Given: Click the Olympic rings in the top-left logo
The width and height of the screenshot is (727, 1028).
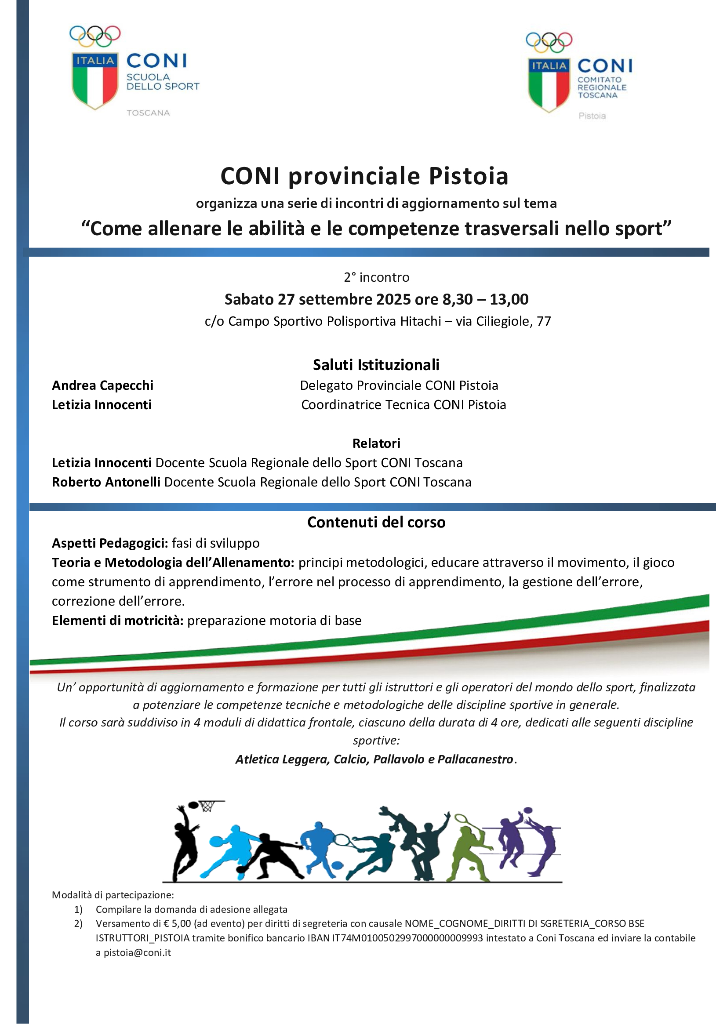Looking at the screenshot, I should [x=95, y=36].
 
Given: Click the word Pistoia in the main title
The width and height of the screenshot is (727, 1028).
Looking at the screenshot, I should [x=468, y=176].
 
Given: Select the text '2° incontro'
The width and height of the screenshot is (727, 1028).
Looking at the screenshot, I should [x=377, y=277].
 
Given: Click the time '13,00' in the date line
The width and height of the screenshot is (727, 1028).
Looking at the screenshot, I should [x=509, y=299].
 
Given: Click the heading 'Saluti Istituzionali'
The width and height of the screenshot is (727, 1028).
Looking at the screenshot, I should [x=376, y=364].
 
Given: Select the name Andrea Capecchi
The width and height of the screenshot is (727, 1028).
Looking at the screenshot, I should [x=102, y=385].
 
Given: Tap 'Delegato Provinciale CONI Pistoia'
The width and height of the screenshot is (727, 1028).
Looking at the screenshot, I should [x=399, y=385].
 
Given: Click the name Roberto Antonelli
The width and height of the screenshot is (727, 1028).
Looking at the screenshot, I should [x=106, y=482].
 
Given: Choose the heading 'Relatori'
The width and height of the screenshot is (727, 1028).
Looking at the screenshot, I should [x=376, y=443].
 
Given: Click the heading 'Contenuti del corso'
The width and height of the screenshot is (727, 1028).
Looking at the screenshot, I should [x=376, y=522].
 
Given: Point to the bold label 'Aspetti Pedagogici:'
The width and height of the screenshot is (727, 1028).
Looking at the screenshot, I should [x=110, y=543].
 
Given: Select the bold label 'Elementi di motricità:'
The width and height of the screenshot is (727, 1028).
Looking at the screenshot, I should [x=118, y=620].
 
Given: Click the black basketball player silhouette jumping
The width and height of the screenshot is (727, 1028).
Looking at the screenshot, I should [x=185, y=842].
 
